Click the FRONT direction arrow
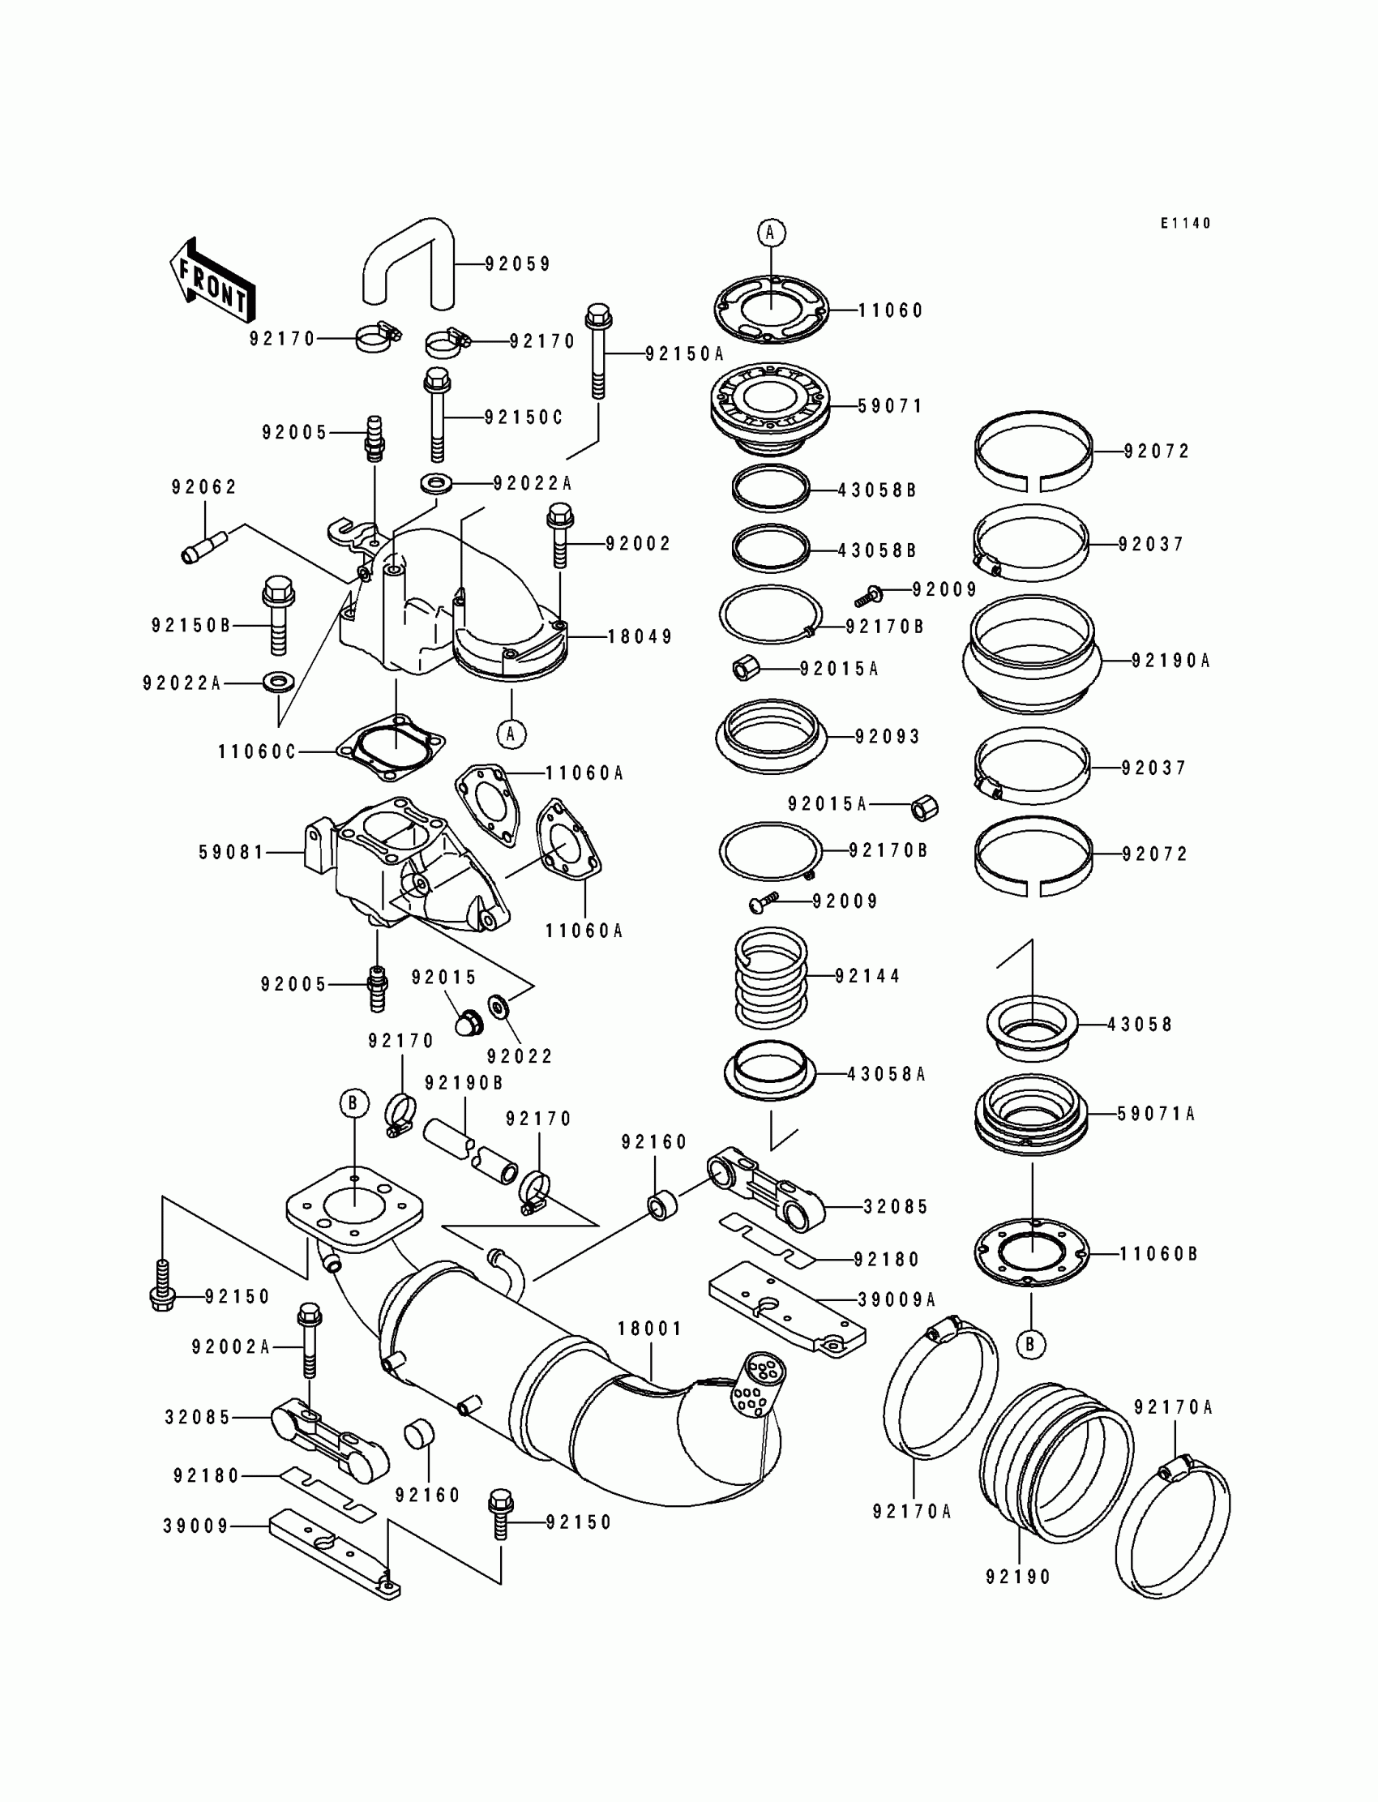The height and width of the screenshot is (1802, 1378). tap(212, 280)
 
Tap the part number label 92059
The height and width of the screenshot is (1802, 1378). tap(518, 264)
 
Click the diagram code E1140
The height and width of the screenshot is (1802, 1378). tap(1185, 223)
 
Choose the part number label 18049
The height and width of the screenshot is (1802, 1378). tap(640, 636)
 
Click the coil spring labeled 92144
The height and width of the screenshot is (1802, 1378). tap(770, 977)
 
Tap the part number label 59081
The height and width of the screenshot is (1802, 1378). tap(232, 853)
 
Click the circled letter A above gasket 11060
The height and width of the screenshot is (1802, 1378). tap(770, 233)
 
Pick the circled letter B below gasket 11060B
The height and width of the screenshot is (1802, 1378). tap(1030, 1344)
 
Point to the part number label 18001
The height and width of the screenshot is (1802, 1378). tap(649, 1328)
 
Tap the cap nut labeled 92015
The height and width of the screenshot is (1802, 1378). tap(469, 1023)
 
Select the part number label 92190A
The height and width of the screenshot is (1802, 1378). tap(1170, 661)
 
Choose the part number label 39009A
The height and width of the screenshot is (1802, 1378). tap(897, 1299)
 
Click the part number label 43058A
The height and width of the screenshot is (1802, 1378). tap(886, 1075)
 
